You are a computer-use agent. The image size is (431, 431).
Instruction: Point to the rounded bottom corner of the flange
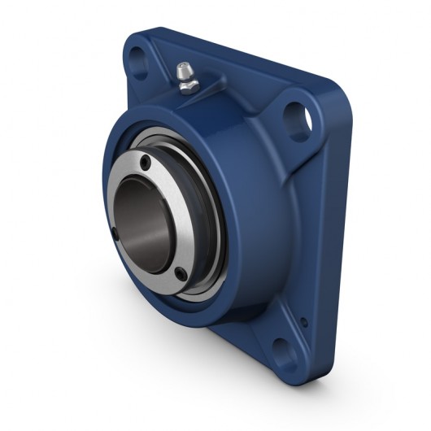click(285, 378)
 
